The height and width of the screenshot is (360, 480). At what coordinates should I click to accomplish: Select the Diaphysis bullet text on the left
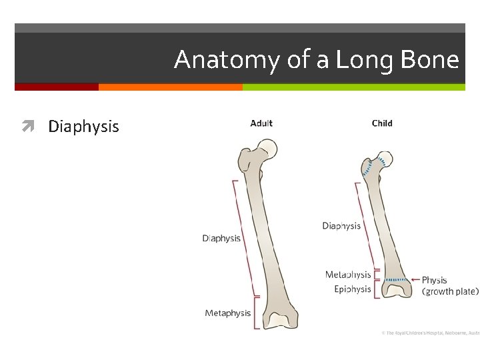coord(83,127)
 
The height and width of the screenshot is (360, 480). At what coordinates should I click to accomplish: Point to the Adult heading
coord(261,123)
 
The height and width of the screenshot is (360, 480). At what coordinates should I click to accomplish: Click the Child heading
coord(382,123)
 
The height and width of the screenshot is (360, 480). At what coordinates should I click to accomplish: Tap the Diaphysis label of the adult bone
coord(221,238)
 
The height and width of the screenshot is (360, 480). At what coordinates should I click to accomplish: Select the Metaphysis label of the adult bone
coord(228,313)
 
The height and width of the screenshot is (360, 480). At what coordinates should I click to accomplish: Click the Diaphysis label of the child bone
coord(341,226)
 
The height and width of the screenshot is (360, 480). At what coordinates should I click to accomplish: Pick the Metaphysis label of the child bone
coord(348,275)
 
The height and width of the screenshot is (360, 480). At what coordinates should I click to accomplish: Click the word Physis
coord(435,280)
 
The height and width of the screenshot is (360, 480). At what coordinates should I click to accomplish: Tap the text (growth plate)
coord(451,291)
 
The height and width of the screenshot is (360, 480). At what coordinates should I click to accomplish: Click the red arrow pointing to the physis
coord(415,280)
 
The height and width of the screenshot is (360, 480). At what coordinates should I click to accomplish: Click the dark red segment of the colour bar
coord(57,87)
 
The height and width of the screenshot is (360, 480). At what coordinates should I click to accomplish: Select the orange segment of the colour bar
coord(170,87)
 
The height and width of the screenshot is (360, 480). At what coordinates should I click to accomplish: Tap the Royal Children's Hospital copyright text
coord(431,332)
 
